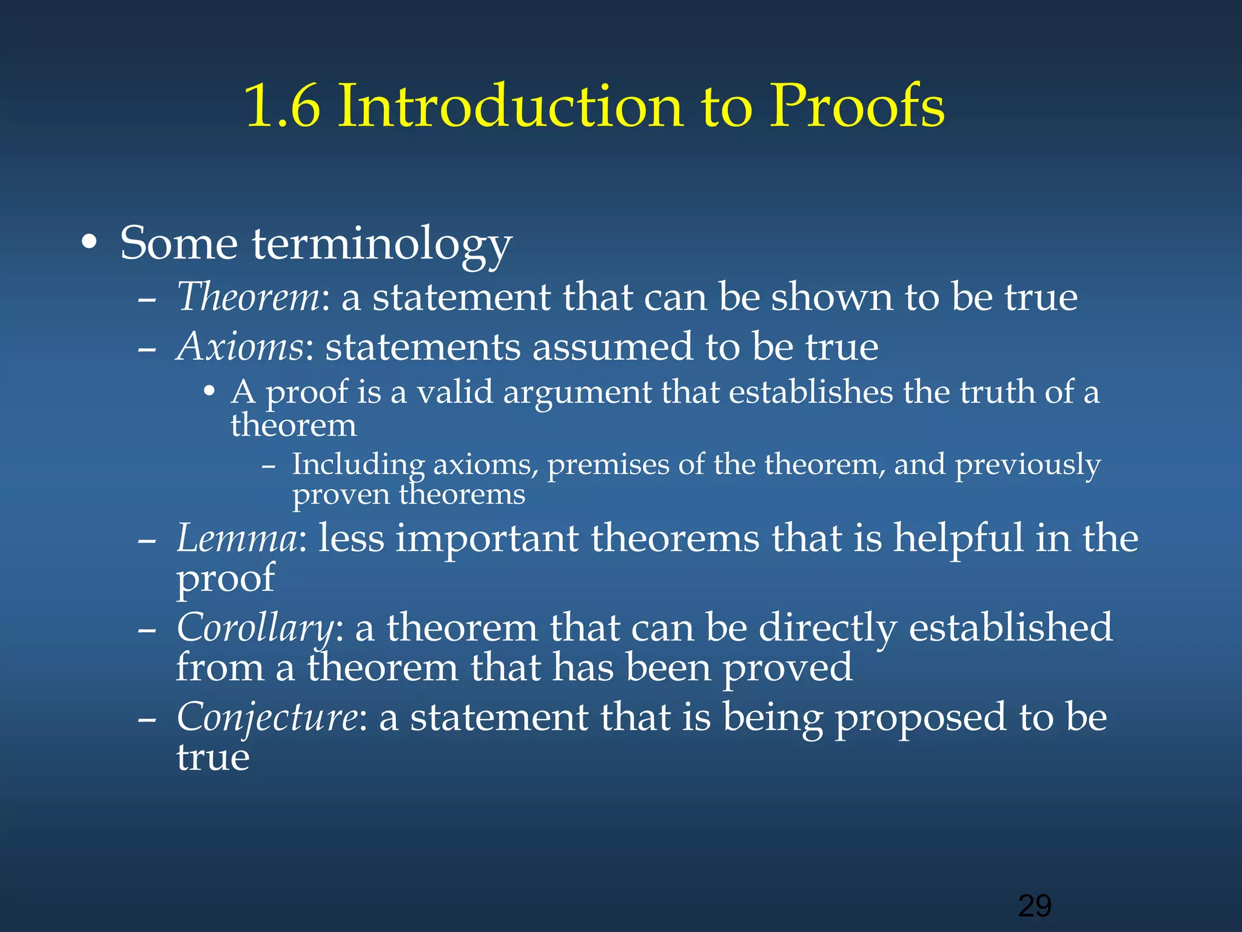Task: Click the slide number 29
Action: [1035, 906]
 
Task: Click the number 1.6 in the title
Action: [282, 106]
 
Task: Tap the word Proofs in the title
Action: [857, 106]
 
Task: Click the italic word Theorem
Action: [248, 297]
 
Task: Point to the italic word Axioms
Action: [240, 346]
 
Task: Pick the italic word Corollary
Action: [255, 627]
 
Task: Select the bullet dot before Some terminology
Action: [89, 243]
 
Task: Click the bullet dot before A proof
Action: [209, 391]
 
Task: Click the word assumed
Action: [613, 346]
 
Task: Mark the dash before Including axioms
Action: [269, 467]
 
